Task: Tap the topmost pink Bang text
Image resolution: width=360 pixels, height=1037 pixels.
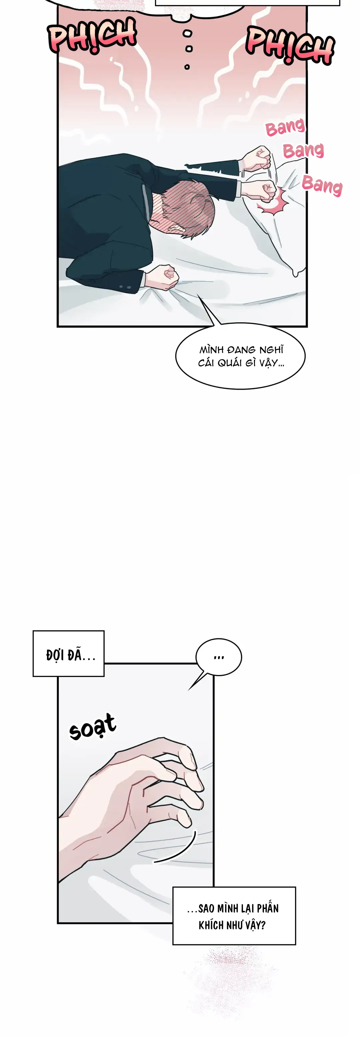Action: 285,128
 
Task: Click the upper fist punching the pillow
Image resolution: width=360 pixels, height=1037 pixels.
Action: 257,159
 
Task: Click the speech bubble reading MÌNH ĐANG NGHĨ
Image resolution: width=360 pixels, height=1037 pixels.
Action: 240,356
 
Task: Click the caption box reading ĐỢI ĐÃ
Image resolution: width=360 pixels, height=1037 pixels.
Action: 68,653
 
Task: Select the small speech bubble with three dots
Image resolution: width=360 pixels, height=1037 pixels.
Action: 219,657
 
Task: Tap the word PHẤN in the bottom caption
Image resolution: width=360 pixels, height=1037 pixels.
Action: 268,909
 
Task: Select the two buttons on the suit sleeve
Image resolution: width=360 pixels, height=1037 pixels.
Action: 125,287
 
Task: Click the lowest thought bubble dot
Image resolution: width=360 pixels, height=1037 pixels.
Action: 187,67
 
